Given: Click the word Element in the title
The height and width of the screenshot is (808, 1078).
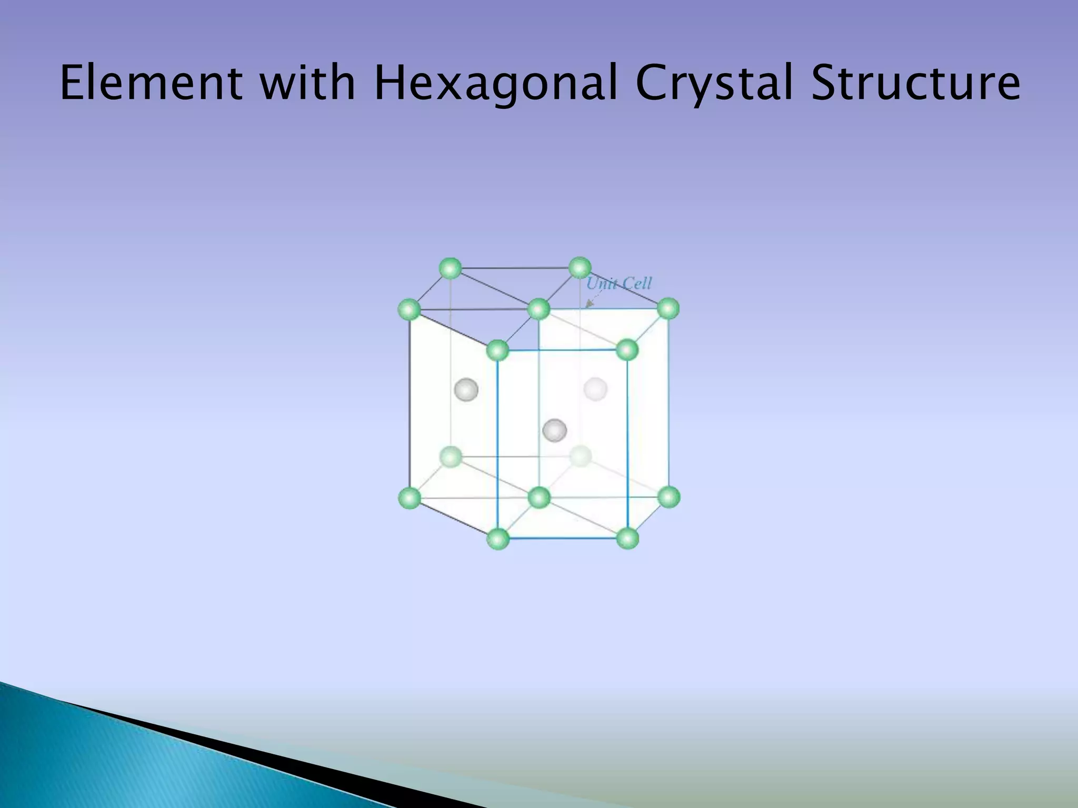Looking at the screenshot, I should (151, 83).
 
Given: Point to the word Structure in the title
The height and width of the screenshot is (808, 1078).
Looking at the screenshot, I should (915, 83).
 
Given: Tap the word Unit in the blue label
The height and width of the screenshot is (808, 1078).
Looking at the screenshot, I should (602, 284).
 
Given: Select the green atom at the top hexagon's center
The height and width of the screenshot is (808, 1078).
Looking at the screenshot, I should (538, 309).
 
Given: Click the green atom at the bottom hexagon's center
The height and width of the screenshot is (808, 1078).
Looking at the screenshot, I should (538, 497).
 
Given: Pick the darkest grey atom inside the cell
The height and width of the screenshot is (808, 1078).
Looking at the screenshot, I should (555, 430).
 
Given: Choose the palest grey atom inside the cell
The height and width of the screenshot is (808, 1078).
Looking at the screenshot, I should (595, 389).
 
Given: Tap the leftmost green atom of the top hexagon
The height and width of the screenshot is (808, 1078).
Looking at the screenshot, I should (410, 309).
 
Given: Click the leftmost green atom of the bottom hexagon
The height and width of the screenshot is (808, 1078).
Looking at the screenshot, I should (410, 498).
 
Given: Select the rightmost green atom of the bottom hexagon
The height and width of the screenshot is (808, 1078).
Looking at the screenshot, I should (669, 497).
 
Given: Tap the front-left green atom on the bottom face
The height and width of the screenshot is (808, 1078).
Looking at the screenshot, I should (498, 539).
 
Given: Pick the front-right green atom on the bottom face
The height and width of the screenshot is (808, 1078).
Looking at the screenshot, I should (627, 539).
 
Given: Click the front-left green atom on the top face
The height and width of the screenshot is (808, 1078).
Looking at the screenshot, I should (498, 350).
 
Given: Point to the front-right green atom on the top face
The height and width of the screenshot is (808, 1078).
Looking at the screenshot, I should (627, 350).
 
